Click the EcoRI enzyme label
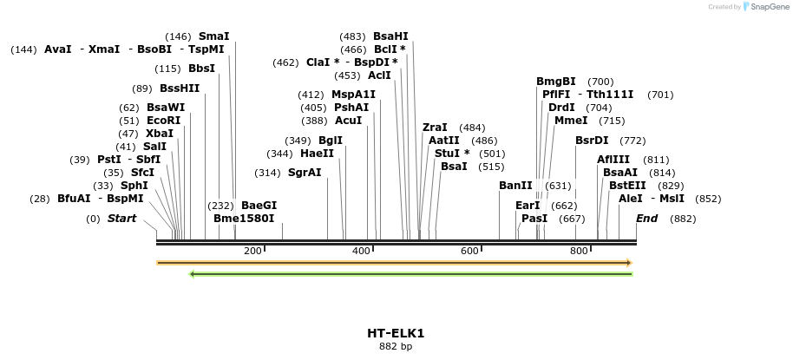click(x=163, y=121)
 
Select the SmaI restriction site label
click(x=213, y=36)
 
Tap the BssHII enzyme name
click(x=180, y=88)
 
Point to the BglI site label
click(x=330, y=141)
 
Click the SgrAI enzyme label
click(x=305, y=173)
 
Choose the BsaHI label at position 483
click(x=390, y=36)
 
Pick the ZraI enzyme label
click(x=435, y=128)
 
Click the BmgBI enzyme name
click(x=555, y=82)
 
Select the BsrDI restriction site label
click(x=592, y=141)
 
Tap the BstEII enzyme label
click(x=627, y=186)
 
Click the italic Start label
click(x=121, y=219)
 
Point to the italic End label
click(x=646, y=219)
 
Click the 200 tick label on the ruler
click(x=252, y=251)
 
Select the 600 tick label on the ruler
click(x=470, y=251)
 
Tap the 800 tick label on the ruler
click(x=579, y=251)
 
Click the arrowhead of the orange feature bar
click(x=628, y=262)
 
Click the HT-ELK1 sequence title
click(x=396, y=333)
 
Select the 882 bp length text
click(x=396, y=347)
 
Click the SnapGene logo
click(x=764, y=7)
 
